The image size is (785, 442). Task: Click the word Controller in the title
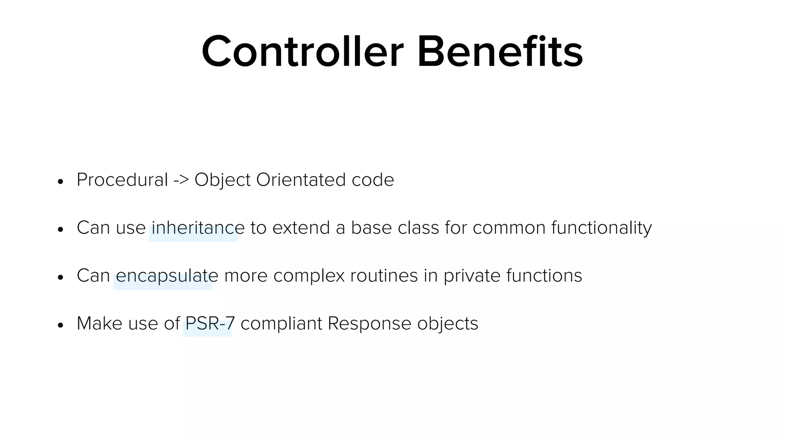[302, 51]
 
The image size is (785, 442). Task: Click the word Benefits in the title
[500, 51]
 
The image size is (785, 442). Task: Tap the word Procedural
[122, 180]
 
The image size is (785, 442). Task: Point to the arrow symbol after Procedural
[181, 180]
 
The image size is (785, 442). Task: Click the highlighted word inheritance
[198, 228]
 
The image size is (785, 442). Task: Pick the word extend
[301, 228]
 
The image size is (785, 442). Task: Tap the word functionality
[601, 228]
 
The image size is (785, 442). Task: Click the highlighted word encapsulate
[167, 275]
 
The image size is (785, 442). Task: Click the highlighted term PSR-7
[210, 323]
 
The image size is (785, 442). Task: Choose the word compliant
[281, 323]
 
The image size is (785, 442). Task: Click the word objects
[447, 323]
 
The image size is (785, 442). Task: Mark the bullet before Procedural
[60, 181]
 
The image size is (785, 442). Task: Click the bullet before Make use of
[60, 325]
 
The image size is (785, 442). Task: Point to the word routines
[384, 275]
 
